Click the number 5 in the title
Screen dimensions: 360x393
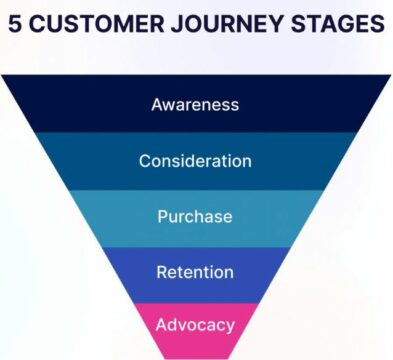(x=15, y=24)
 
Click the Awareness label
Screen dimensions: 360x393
(x=195, y=104)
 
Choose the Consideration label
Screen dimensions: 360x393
(x=195, y=161)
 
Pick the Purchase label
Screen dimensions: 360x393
(x=195, y=217)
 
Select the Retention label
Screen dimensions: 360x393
(x=195, y=272)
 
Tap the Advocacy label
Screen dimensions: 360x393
(x=195, y=325)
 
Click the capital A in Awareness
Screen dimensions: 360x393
(x=157, y=104)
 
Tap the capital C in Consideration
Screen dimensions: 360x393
(x=145, y=161)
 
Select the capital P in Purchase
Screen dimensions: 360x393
(x=163, y=217)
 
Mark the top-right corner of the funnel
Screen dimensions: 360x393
(x=390, y=77)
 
